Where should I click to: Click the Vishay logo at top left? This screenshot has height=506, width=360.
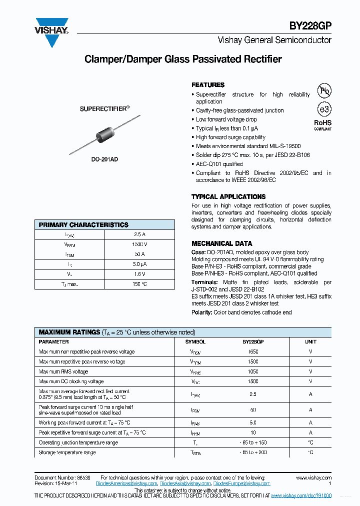[51, 32]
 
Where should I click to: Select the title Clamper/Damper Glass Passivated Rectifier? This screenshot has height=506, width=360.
[183, 59]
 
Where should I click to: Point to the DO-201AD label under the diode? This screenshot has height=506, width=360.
[104, 159]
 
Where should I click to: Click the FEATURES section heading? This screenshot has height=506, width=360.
[208, 85]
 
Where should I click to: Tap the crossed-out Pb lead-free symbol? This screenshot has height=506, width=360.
[324, 90]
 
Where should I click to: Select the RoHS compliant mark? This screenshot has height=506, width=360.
[322, 124]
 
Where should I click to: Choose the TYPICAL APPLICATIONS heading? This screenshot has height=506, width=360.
[228, 197]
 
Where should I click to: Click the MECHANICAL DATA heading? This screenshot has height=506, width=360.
[221, 244]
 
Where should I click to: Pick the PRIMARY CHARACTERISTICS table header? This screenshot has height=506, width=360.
[83, 225]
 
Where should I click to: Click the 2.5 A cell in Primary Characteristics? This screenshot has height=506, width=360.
[139, 234]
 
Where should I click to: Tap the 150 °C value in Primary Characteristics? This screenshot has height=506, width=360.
[139, 284]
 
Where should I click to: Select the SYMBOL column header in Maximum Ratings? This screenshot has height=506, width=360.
[195, 342]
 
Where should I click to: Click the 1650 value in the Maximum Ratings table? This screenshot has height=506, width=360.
[253, 352]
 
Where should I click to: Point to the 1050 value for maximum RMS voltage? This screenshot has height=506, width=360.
[253, 371]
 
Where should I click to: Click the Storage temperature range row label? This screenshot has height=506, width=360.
[67, 452]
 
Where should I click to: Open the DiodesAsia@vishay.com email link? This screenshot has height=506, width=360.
[185, 483]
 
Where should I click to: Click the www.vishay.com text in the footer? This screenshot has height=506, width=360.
[313, 478]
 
